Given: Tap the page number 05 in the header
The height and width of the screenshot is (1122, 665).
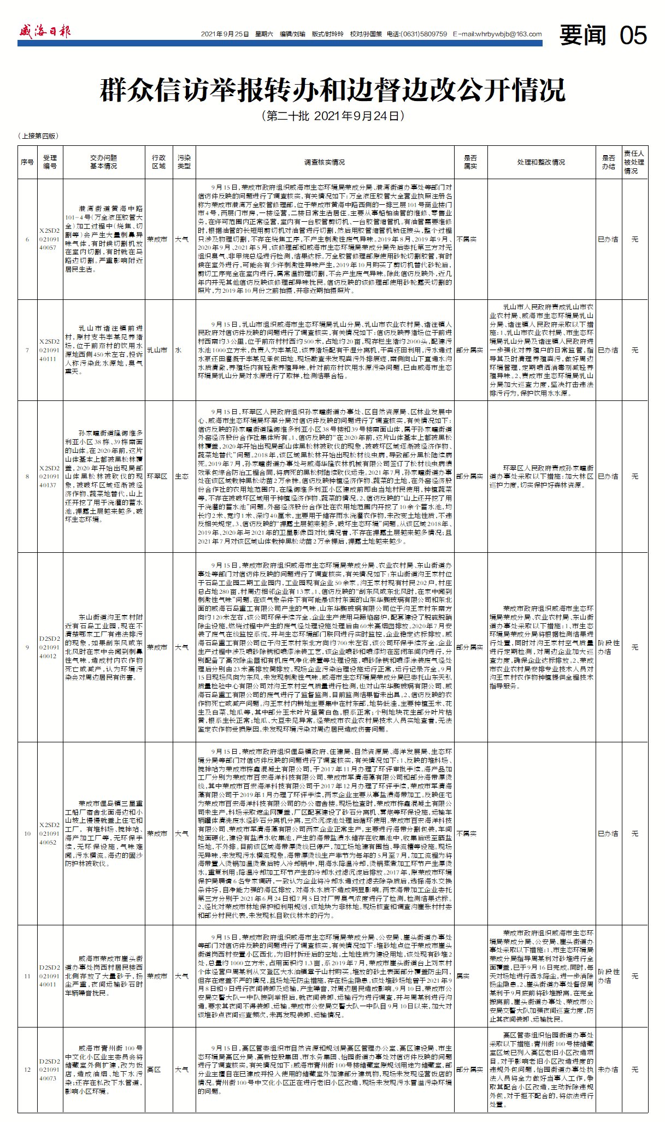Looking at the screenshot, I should click(x=633, y=36).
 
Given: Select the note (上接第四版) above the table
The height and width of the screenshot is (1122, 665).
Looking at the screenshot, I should click(x=38, y=136).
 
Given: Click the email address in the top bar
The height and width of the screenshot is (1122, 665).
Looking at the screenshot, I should click(x=497, y=34).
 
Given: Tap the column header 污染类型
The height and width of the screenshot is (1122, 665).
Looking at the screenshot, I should click(x=184, y=162).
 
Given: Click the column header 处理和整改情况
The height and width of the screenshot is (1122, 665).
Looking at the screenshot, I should click(x=540, y=162).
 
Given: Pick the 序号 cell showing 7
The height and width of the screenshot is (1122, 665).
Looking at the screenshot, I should click(x=27, y=350).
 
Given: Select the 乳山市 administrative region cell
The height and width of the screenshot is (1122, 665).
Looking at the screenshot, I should click(x=158, y=350).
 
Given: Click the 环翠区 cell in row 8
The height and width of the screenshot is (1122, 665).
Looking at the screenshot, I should click(x=158, y=476).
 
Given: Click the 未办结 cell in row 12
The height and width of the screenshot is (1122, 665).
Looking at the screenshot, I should click(x=608, y=1070).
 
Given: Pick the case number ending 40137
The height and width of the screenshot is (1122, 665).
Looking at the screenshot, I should click(x=49, y=476).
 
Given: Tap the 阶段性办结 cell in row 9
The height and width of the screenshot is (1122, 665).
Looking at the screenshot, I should click(x=608, y=647).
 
